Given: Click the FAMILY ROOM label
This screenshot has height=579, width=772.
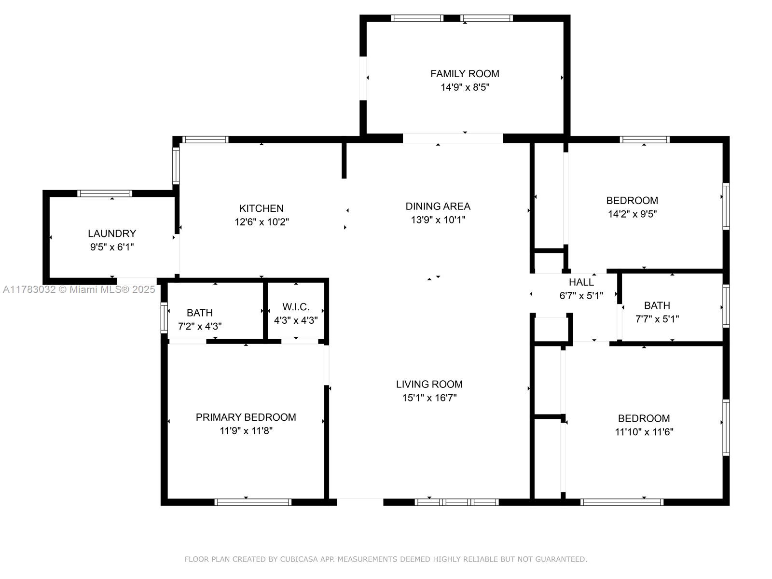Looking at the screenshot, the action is click(465, 74).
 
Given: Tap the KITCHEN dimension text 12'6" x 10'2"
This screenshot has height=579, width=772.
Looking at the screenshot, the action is click(262, 222).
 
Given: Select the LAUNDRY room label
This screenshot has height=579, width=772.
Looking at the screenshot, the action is click(112, 234).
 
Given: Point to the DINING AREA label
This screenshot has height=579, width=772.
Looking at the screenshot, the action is click(438, 207).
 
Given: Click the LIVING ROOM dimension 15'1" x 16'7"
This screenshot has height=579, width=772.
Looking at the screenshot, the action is click(429, 398).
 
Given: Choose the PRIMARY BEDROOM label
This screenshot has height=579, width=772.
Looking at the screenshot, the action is click(246, 417).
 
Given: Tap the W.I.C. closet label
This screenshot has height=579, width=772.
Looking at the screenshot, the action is click(296, 307).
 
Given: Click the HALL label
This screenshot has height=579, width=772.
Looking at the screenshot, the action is click(581, 282).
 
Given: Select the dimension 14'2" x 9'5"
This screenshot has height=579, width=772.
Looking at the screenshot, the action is click(633, 214).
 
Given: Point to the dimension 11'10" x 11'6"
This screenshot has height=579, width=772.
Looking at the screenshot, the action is click(644, 432).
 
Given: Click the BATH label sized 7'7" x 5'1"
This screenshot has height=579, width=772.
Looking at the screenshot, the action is click(657, 305).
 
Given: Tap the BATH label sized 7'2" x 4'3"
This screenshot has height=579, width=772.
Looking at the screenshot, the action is click(199, 313).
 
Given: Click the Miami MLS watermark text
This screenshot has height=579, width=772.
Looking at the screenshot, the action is click(79, 289).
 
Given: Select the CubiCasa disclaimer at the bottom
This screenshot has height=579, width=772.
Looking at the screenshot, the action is click(386, 559).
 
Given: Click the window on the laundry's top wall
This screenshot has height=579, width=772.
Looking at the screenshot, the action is click(105, 193).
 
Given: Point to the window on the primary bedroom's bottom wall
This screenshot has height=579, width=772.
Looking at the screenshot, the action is click(253, 502).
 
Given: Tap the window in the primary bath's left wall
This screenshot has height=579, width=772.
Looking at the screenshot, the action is click(164, 318).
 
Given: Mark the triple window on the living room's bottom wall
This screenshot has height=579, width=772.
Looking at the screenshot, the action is click(456, 502).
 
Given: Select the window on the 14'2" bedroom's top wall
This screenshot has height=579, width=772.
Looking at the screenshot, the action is click(644, 139).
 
